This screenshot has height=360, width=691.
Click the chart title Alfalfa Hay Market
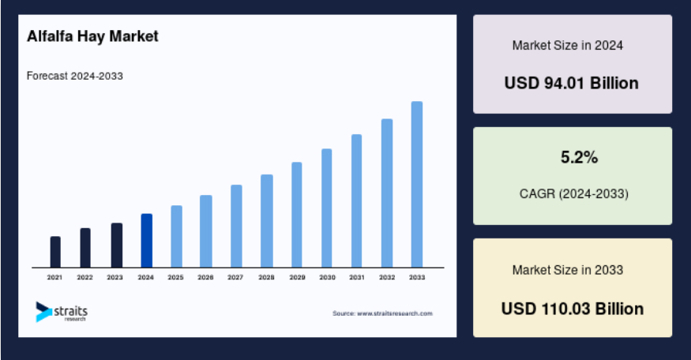[92, 36]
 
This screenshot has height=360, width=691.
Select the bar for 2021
[55, 252]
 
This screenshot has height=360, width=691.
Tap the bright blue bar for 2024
[147, 241]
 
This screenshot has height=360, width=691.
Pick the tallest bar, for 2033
[417, 184]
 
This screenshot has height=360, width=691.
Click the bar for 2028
[267, 221]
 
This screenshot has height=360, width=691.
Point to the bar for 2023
[117, 245]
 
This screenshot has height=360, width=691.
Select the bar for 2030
[327, 208]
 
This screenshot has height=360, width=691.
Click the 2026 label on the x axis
[205, 277]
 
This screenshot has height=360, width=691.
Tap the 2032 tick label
[387, 277]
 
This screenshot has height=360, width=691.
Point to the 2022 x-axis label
[84, 277]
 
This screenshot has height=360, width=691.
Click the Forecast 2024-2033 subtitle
[75, 76]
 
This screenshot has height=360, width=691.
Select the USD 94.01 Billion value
[572, 83]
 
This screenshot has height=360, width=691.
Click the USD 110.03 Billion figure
[573, 309]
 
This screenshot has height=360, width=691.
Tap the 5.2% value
[579, 157]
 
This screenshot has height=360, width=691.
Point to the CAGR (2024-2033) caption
[574, 193]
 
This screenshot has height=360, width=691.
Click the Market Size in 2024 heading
[568, 45]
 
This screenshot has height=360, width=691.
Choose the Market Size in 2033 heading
[568, 270]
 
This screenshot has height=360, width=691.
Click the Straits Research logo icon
[43, 312]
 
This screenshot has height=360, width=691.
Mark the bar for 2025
[176, 236]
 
